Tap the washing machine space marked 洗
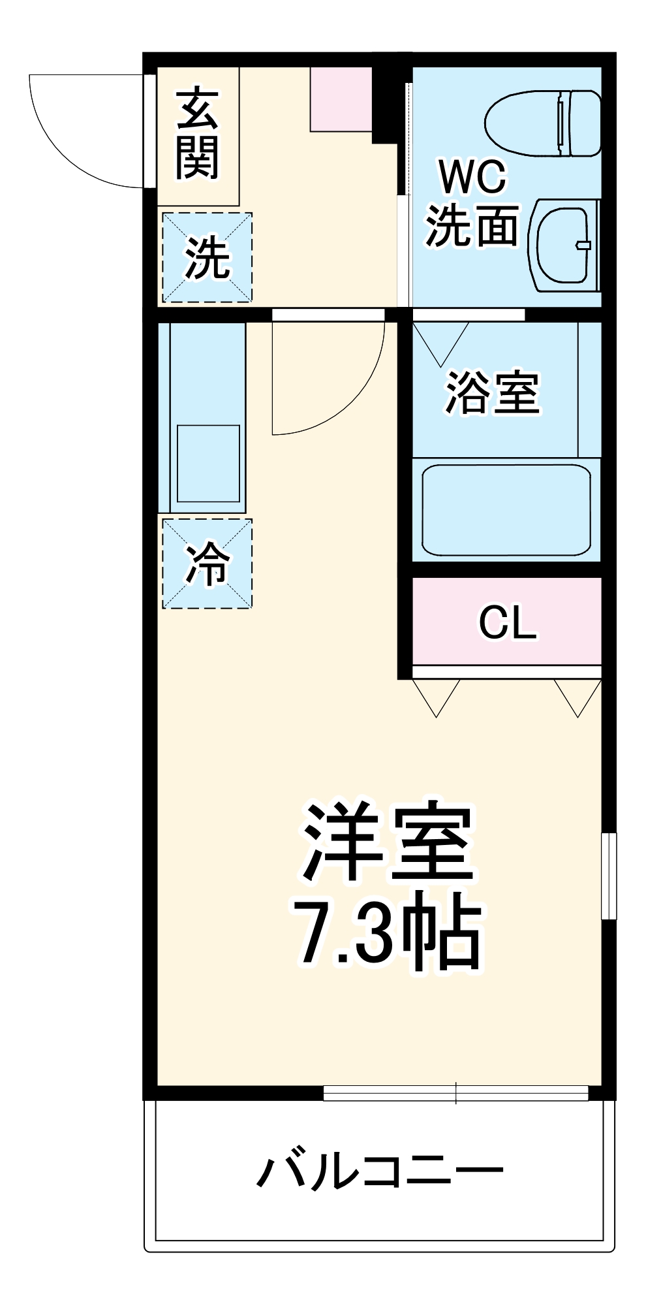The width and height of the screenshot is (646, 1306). click(x=207, y=257)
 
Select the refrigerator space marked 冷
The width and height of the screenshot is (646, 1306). click(x=207, y=564)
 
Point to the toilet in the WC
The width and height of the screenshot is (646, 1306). click(x=543, y=123)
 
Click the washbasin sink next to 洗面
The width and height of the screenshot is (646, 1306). click(x=565, y=245)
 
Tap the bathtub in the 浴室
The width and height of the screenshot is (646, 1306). click(x=506, y=509)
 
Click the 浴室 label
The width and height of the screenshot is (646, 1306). click(x=493, y=393)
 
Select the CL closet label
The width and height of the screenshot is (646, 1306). click(x=508, y=623)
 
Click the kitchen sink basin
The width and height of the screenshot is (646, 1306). click(x=208, y=464)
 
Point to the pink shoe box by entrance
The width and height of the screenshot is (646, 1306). click(x=341, y=99)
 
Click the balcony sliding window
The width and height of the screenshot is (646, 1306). click(x=455, y=1092)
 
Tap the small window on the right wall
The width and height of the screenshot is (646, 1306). click(x=608, y=876)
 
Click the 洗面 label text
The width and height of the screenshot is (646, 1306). click(x=472, y=227)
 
